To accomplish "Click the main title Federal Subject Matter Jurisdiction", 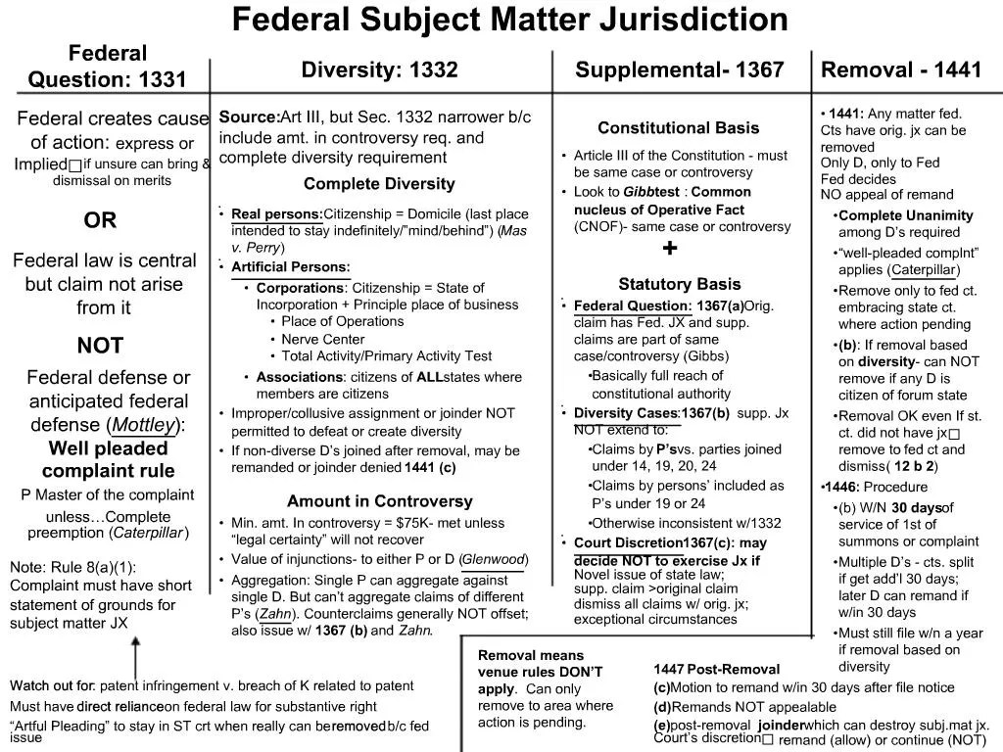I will [509, 20].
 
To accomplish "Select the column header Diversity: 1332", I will [379, 70].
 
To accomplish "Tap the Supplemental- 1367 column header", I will [679, 70].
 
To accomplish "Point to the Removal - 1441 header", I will [900, 70].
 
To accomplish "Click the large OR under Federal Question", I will [100, 221].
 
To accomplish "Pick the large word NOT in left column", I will [100, 346].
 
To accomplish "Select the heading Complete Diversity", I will [379, 184].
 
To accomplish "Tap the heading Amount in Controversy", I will [379, 501].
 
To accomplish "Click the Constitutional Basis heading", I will [678, 128].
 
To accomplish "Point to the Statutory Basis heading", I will [679, 284].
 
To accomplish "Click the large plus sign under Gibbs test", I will [670, 249].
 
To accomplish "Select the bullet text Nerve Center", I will [323, 339].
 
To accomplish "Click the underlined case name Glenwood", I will [495, 559].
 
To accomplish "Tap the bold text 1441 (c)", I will [430, 467].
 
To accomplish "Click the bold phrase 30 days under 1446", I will [916, 507].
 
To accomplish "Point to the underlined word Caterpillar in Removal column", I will [924, 270].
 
